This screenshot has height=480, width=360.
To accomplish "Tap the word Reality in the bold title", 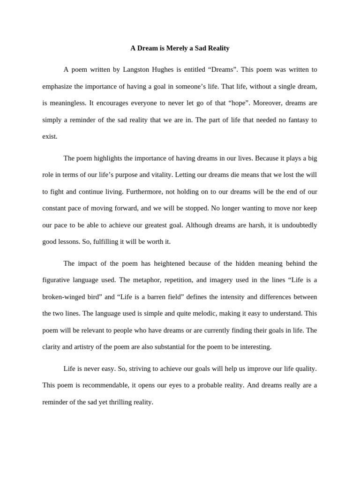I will coord(217,48).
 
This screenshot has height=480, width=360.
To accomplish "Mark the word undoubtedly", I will coord(295,225).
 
